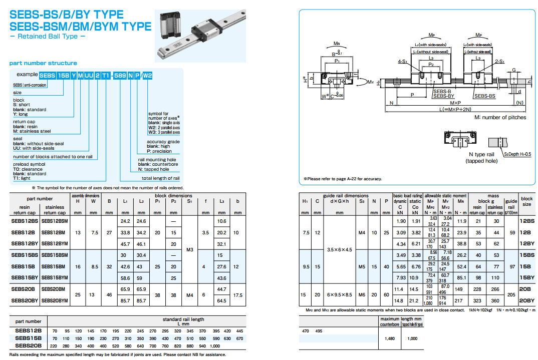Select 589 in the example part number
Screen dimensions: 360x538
click(120, 76)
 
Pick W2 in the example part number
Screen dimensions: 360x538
click(147, 76)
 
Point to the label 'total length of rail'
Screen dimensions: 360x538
click(160, 178)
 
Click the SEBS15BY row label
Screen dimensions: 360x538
click(24, 278)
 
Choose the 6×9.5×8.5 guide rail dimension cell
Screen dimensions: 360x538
click(339, 295)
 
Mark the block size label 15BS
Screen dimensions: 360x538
click(527, 255)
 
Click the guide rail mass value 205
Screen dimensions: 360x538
click(511, 295)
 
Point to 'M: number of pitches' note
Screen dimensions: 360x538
click(500, 117)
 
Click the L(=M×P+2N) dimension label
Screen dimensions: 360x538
click(448, 109)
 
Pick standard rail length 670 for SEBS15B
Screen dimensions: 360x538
click(239, 338)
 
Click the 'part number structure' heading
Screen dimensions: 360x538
click(43, 63)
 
